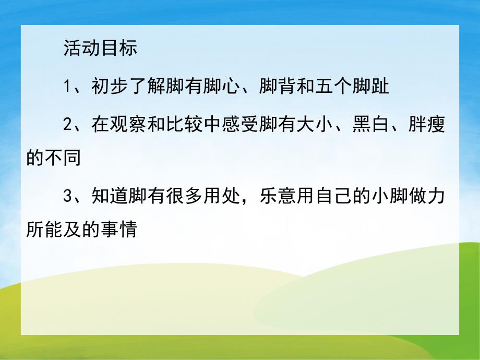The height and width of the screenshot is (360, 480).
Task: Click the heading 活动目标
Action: pos(100,48)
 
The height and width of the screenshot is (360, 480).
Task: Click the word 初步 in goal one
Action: pos(109,86)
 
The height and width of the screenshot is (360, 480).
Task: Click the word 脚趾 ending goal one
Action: pos(371,86)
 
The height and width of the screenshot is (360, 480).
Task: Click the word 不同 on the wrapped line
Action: pos(63,158)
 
